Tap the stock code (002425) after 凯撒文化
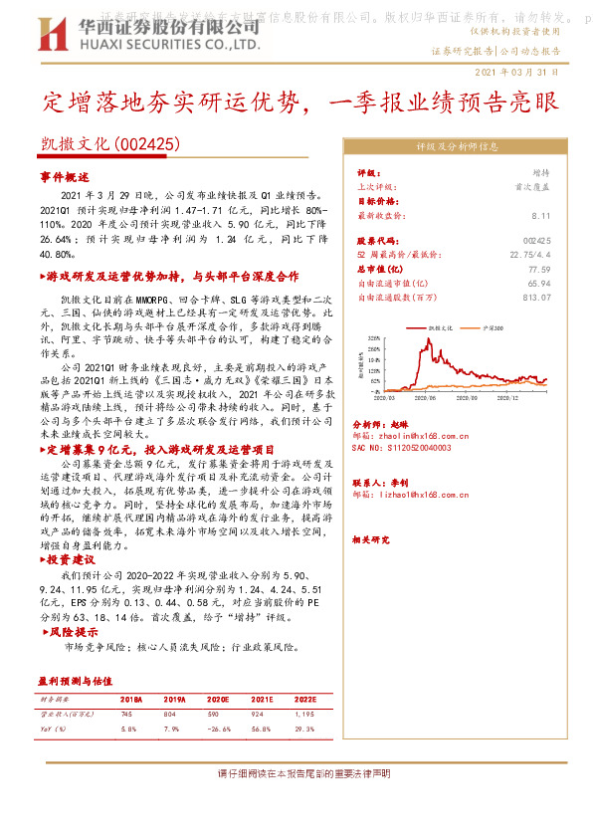(x=147, y=144)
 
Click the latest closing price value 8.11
(x=540, y=215)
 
